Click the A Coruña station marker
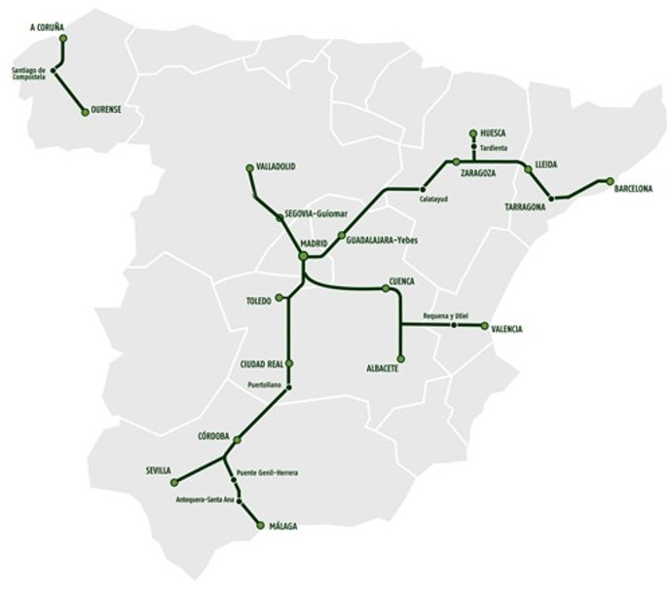coord(64,39)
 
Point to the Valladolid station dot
coord(251,168)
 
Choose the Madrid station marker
coord(303,255)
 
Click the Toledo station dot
coord(280,297)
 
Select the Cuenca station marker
coord(387,288)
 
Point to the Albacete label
coord(382,369)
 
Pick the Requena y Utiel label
coord(446,316)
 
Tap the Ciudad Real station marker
coord(289,364)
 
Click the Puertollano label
coord(265,386)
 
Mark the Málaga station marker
coord(259,526)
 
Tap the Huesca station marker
coord(472,132)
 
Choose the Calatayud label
coord(433,200)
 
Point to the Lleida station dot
coord(528,168)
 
